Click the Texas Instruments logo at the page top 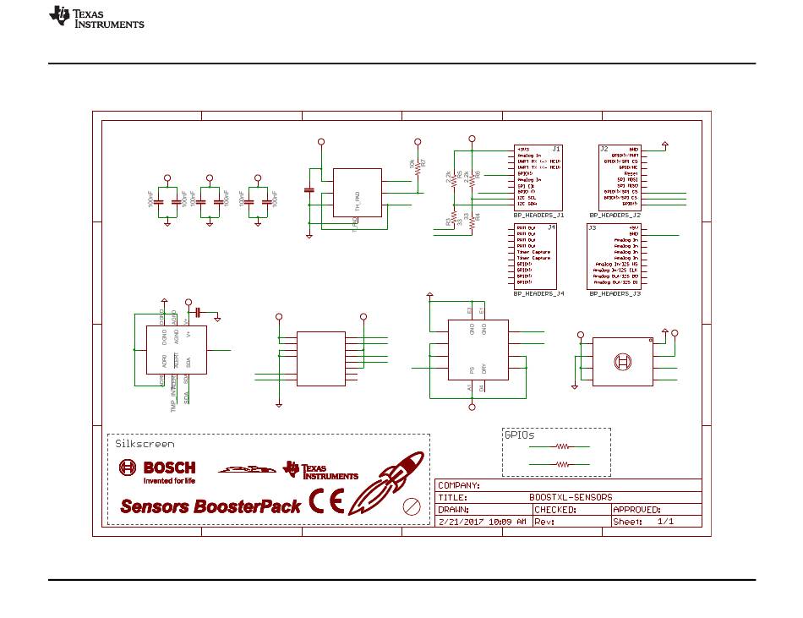pos(96,18)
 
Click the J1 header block pos(538,178)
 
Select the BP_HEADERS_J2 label pos(615,216)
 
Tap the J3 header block pos(614,256)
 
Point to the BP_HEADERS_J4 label pos(538,293)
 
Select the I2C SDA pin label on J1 pos(527,204)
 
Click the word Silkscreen pos(145,444)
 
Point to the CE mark pos(326,502)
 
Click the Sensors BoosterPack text pos(210,506)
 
